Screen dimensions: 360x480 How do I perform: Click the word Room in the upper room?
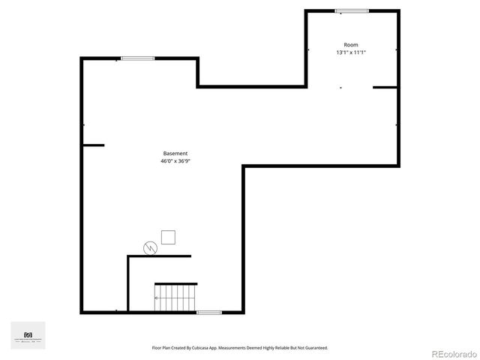pyautogui.click(x=351, y=45)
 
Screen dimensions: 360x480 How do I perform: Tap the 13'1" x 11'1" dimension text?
pyautogui.click(x=351, y=52)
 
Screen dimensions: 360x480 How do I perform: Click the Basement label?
pyautogui.click(x=175, y=154)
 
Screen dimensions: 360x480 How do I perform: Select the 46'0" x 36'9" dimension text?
pyautogui.click(x=175, y=161)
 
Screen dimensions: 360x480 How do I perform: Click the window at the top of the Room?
pyautogui.click(x=352, y=10)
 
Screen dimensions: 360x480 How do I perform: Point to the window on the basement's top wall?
pyautogui.click(x=138, y=58)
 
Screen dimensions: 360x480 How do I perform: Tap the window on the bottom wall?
pyautogui.click(x=208, y=311)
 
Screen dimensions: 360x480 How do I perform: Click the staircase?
pyautogui.click(x=175, y=298)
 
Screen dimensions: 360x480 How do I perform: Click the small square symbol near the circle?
pyautogui.click(x=169, y=237)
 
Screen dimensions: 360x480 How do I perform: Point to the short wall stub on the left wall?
pyautogui.click(x=93, y=145)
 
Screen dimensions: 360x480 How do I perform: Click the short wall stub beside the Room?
pyautogui.click(x=385, y=88)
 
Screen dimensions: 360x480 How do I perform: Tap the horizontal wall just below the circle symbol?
pyautogui.click(x=160, y=256)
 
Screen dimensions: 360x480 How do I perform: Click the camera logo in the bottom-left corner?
pyautogui.click(x=28, y=334)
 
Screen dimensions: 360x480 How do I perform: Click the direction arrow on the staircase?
pyautogui.click(x=156, y=298)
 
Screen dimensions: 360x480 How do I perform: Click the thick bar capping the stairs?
pyautogui.click(x=175, y=283)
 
